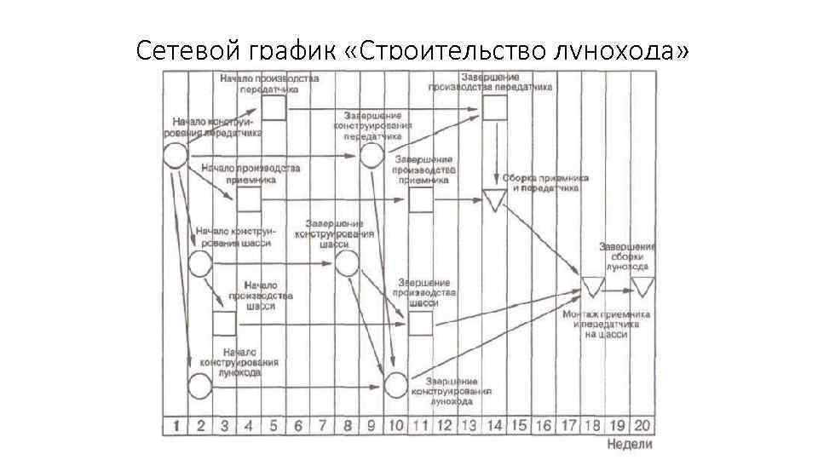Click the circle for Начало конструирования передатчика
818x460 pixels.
[175, 156]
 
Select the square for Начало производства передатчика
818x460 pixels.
[274, 108]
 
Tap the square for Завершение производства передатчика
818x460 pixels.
[495, 108]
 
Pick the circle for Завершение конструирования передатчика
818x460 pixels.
[372, 155]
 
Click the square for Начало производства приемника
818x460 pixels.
[249, 199]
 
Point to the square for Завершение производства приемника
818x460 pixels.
[421, 199]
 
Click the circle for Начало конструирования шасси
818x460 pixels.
[199, 263]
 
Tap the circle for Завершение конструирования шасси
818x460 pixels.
[347, 263]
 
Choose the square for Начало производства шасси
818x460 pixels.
[224, 324]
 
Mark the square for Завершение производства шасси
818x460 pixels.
[421, 324]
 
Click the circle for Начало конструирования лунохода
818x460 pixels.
[199, 386]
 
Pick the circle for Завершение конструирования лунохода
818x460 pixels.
[396, 385]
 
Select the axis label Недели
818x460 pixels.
[630, 444]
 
